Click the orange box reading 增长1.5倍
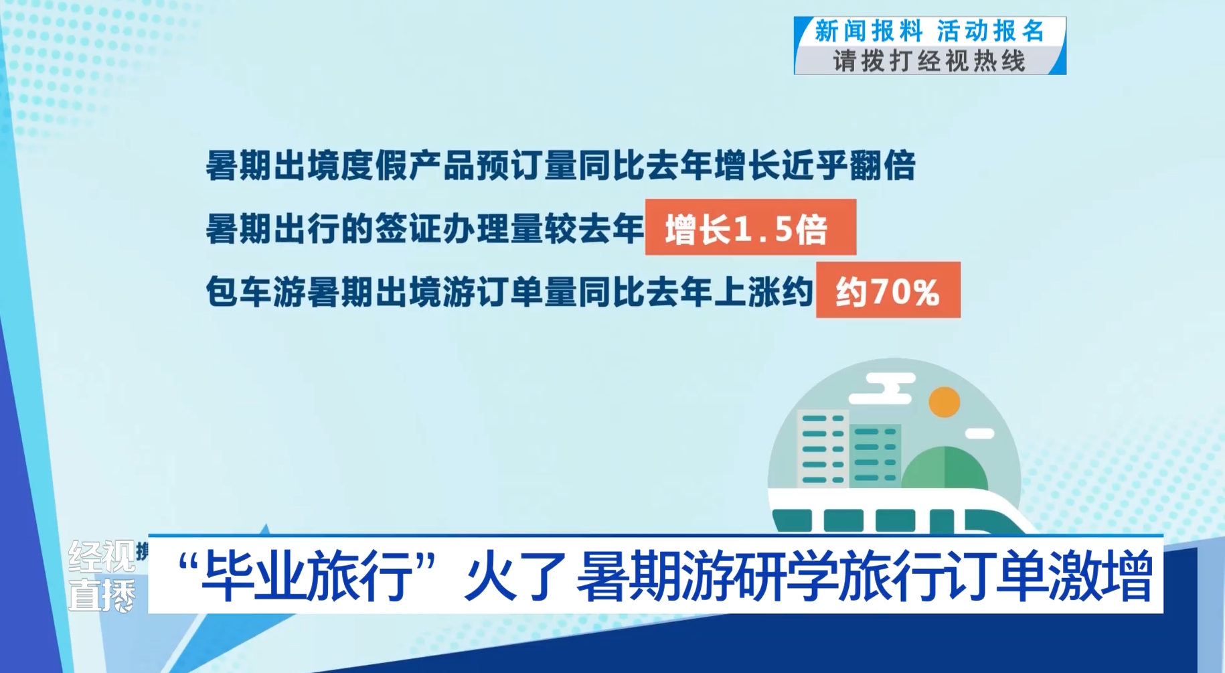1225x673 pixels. pyautogui.click(x=750, y=227)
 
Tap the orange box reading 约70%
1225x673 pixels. pyautogui.click(x=888, y=290)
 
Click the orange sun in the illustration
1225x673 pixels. pyautogui.click(x=945, y=402)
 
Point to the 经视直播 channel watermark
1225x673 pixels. pyautogui.click(x=102, y=576)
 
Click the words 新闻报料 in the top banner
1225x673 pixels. pyautogui.click(x=868, y=31)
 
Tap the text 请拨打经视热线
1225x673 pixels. pyautogui.click(x=929, y=62)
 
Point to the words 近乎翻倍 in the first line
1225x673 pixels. pyautogui.click(x=848, y=165)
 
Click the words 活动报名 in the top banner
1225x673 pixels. pyautogui.click(x=990, y=31)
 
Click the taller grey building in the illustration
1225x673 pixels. pyautogui.click(x=823, y=447)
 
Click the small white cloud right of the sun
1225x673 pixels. pyautogui.click(x=979, y=434)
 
